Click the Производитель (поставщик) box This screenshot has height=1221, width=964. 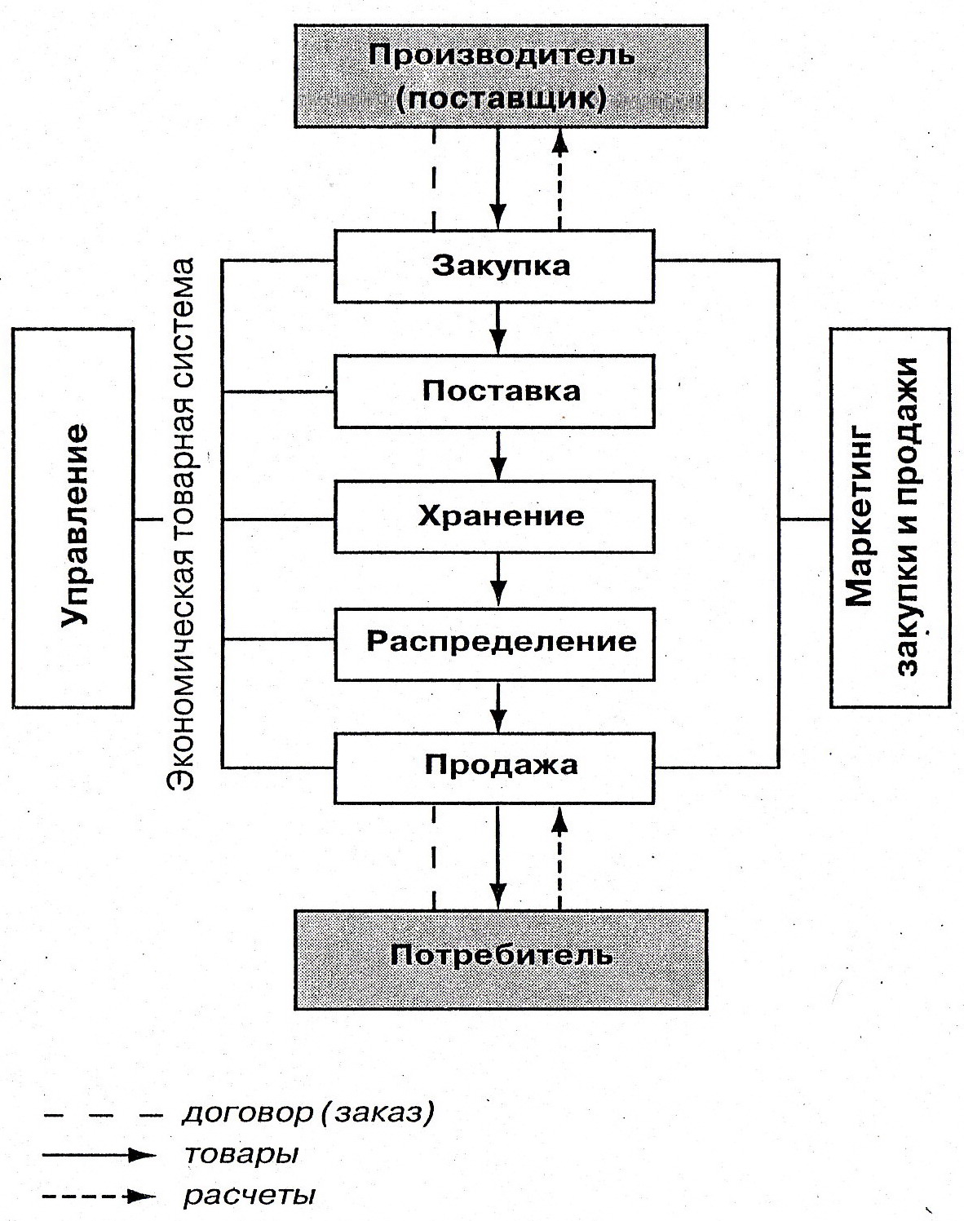(x=501, y=76)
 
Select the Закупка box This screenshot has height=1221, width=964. (x=494, y=265)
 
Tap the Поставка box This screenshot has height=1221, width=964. (x=494, y=391)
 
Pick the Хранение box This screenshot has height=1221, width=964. (x=494, y=516)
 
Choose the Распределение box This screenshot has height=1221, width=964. (x=494, y=642)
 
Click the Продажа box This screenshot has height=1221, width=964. (x=494, y=766)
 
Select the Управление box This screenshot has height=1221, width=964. (x=73, y=517)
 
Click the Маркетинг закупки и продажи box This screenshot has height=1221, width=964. (x=889, y=517)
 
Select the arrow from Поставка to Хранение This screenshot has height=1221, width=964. (x=498, y=454)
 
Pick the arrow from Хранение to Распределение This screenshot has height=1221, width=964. (x=498, y=580)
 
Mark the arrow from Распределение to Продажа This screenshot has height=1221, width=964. (x=498, y=706)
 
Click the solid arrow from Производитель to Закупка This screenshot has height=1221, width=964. (x=497, y=179)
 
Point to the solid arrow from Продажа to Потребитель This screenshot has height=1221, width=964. (x=497, y=856)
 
